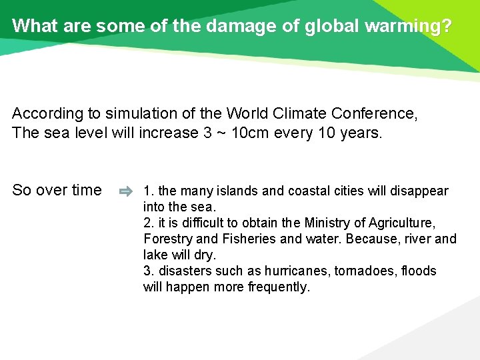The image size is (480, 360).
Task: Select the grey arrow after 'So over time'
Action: pyautogui.click(x=125, y=191)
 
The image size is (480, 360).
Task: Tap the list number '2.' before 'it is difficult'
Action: pyautogui.click(x=149, y=223)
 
